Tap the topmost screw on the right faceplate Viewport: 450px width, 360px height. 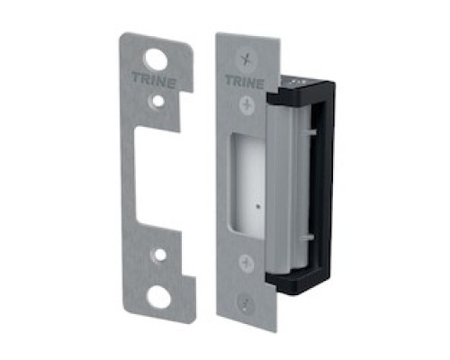243,56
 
